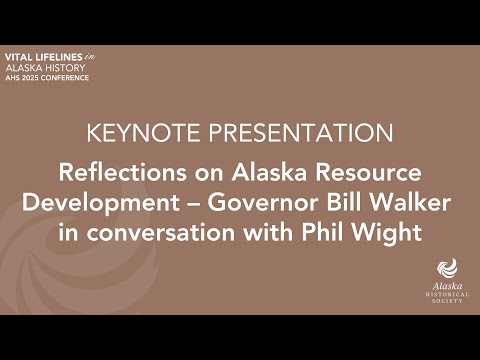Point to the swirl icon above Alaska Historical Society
click(x=446, y=267)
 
